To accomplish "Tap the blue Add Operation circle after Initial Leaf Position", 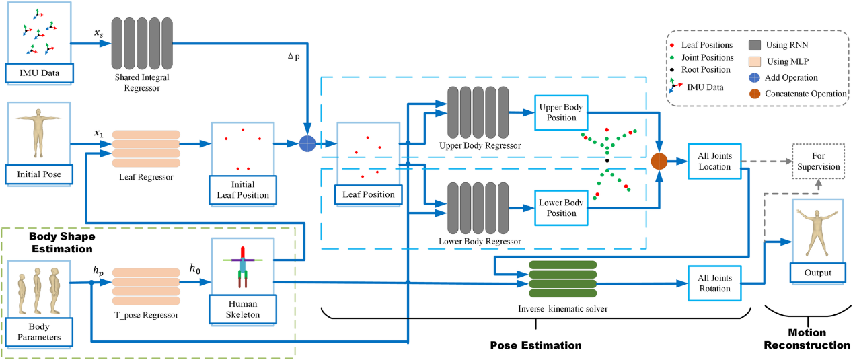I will point(307,143).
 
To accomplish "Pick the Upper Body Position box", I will point(560,112).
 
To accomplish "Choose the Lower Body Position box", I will point(560,207).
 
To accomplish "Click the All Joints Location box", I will point(715,161).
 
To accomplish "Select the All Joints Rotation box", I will point(715,283).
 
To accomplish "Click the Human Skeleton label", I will point(242,310).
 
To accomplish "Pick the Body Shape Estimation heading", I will point(61,242).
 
